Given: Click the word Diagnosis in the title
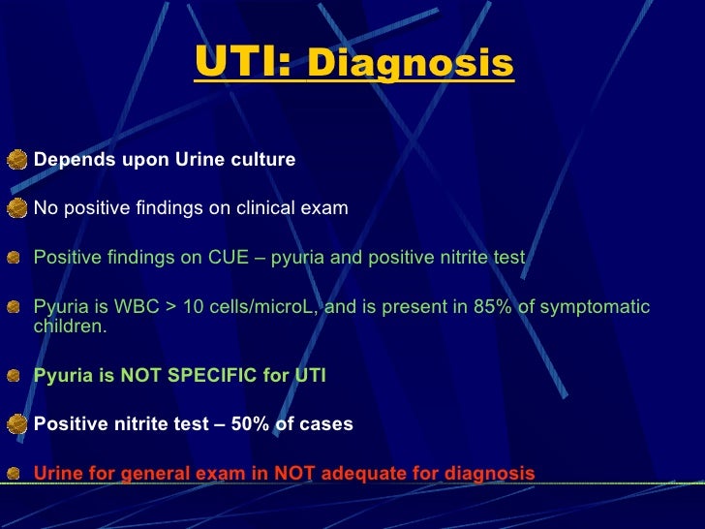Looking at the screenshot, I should [410, 64].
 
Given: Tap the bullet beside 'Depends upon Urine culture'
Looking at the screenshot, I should [16, 159].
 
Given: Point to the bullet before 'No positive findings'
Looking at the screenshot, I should [16, 207].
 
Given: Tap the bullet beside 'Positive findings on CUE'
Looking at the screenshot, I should [15, 258].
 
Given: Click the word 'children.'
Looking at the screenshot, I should [71, 327].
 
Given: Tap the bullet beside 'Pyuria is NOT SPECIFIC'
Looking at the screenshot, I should [15, 376].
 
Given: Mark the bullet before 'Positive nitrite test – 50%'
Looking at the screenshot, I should [16, 423].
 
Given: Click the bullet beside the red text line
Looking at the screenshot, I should [15, 474].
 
